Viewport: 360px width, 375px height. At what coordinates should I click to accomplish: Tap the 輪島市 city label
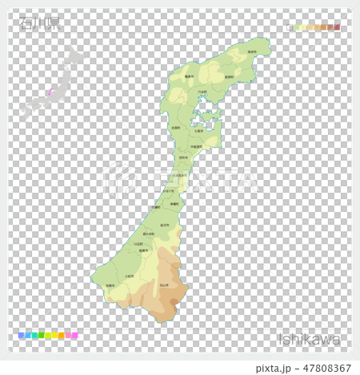(190, 76)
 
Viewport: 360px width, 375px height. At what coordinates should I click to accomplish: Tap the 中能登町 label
(198, 146)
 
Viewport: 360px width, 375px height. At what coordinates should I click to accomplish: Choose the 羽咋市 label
(183, 158)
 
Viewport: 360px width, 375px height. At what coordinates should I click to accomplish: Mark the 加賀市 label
(110, 285)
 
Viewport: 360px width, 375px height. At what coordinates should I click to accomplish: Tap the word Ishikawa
(309, 339)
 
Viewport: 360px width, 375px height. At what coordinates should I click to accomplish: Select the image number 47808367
(322, 368)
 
